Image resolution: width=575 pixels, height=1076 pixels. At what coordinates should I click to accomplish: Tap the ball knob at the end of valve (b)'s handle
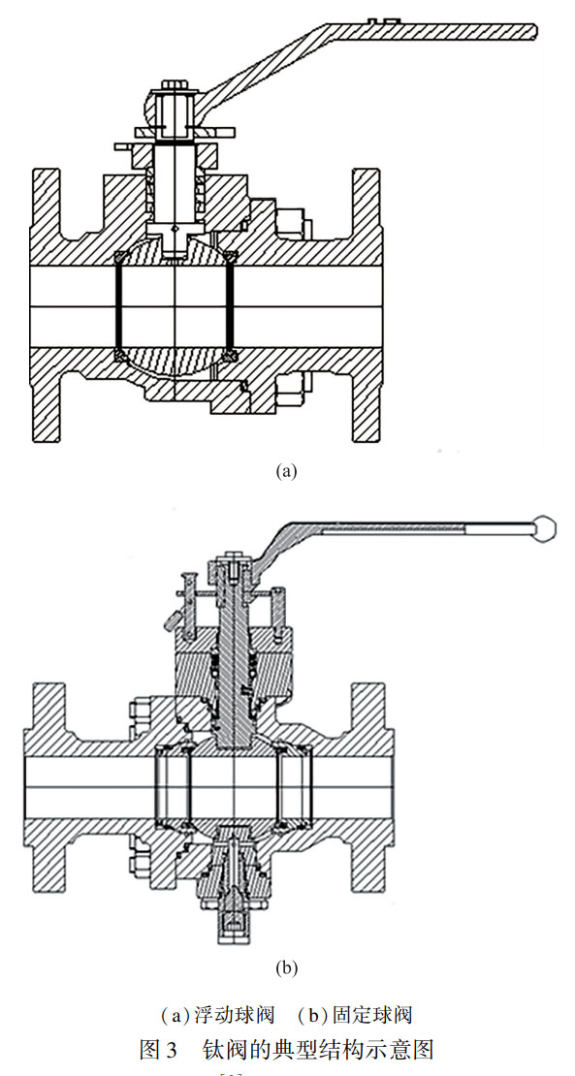pos(545,527)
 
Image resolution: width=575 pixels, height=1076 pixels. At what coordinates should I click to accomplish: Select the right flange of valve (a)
pos(367,305)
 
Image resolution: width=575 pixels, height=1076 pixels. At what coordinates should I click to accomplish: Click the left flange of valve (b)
pos(46,785)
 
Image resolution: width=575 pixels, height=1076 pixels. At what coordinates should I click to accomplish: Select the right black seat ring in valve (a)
pos(231,304)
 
